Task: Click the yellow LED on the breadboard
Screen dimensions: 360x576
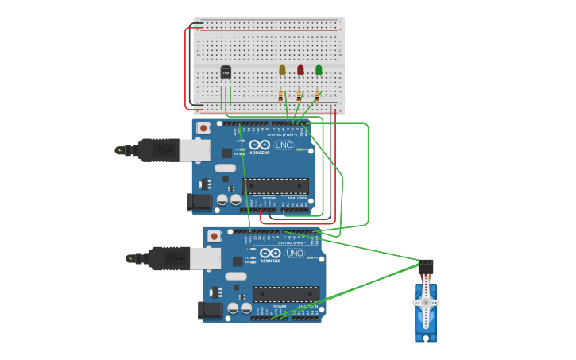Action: coord(282,70)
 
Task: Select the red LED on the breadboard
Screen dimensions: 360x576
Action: coord(300,70)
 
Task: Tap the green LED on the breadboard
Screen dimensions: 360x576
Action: coord(319,70)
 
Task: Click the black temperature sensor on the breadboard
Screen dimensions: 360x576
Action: coord(226,72)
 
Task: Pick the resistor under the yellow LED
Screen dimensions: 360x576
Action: coord(280,96)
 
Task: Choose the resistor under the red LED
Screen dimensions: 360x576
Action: coord(299,96)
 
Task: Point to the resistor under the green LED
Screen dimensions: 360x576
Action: coord(317,96)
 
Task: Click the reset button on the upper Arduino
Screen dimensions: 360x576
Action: coord(203,128)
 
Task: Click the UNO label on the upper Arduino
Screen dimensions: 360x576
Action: coord(284,145)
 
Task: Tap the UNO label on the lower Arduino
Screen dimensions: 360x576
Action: coord(295,254)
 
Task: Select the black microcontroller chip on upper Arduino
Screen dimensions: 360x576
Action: coord(275,186)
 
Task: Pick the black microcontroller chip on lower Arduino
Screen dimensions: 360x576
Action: coord(286,294)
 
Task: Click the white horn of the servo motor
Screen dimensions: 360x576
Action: coord(426,304)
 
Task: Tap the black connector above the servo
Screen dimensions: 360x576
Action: coord(427,264)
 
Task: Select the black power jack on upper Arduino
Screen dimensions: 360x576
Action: coord(199,203)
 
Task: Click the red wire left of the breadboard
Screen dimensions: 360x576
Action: coord(186,68)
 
